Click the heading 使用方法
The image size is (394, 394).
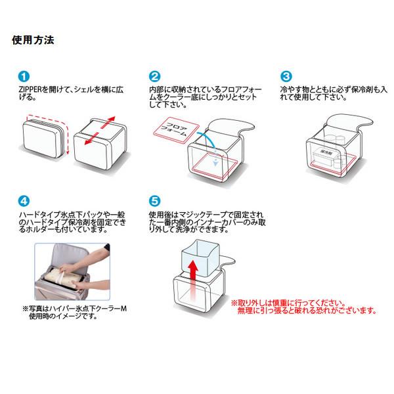(33, 39)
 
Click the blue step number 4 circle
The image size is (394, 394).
(23, 201)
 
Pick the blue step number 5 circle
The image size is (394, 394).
(155, 201)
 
